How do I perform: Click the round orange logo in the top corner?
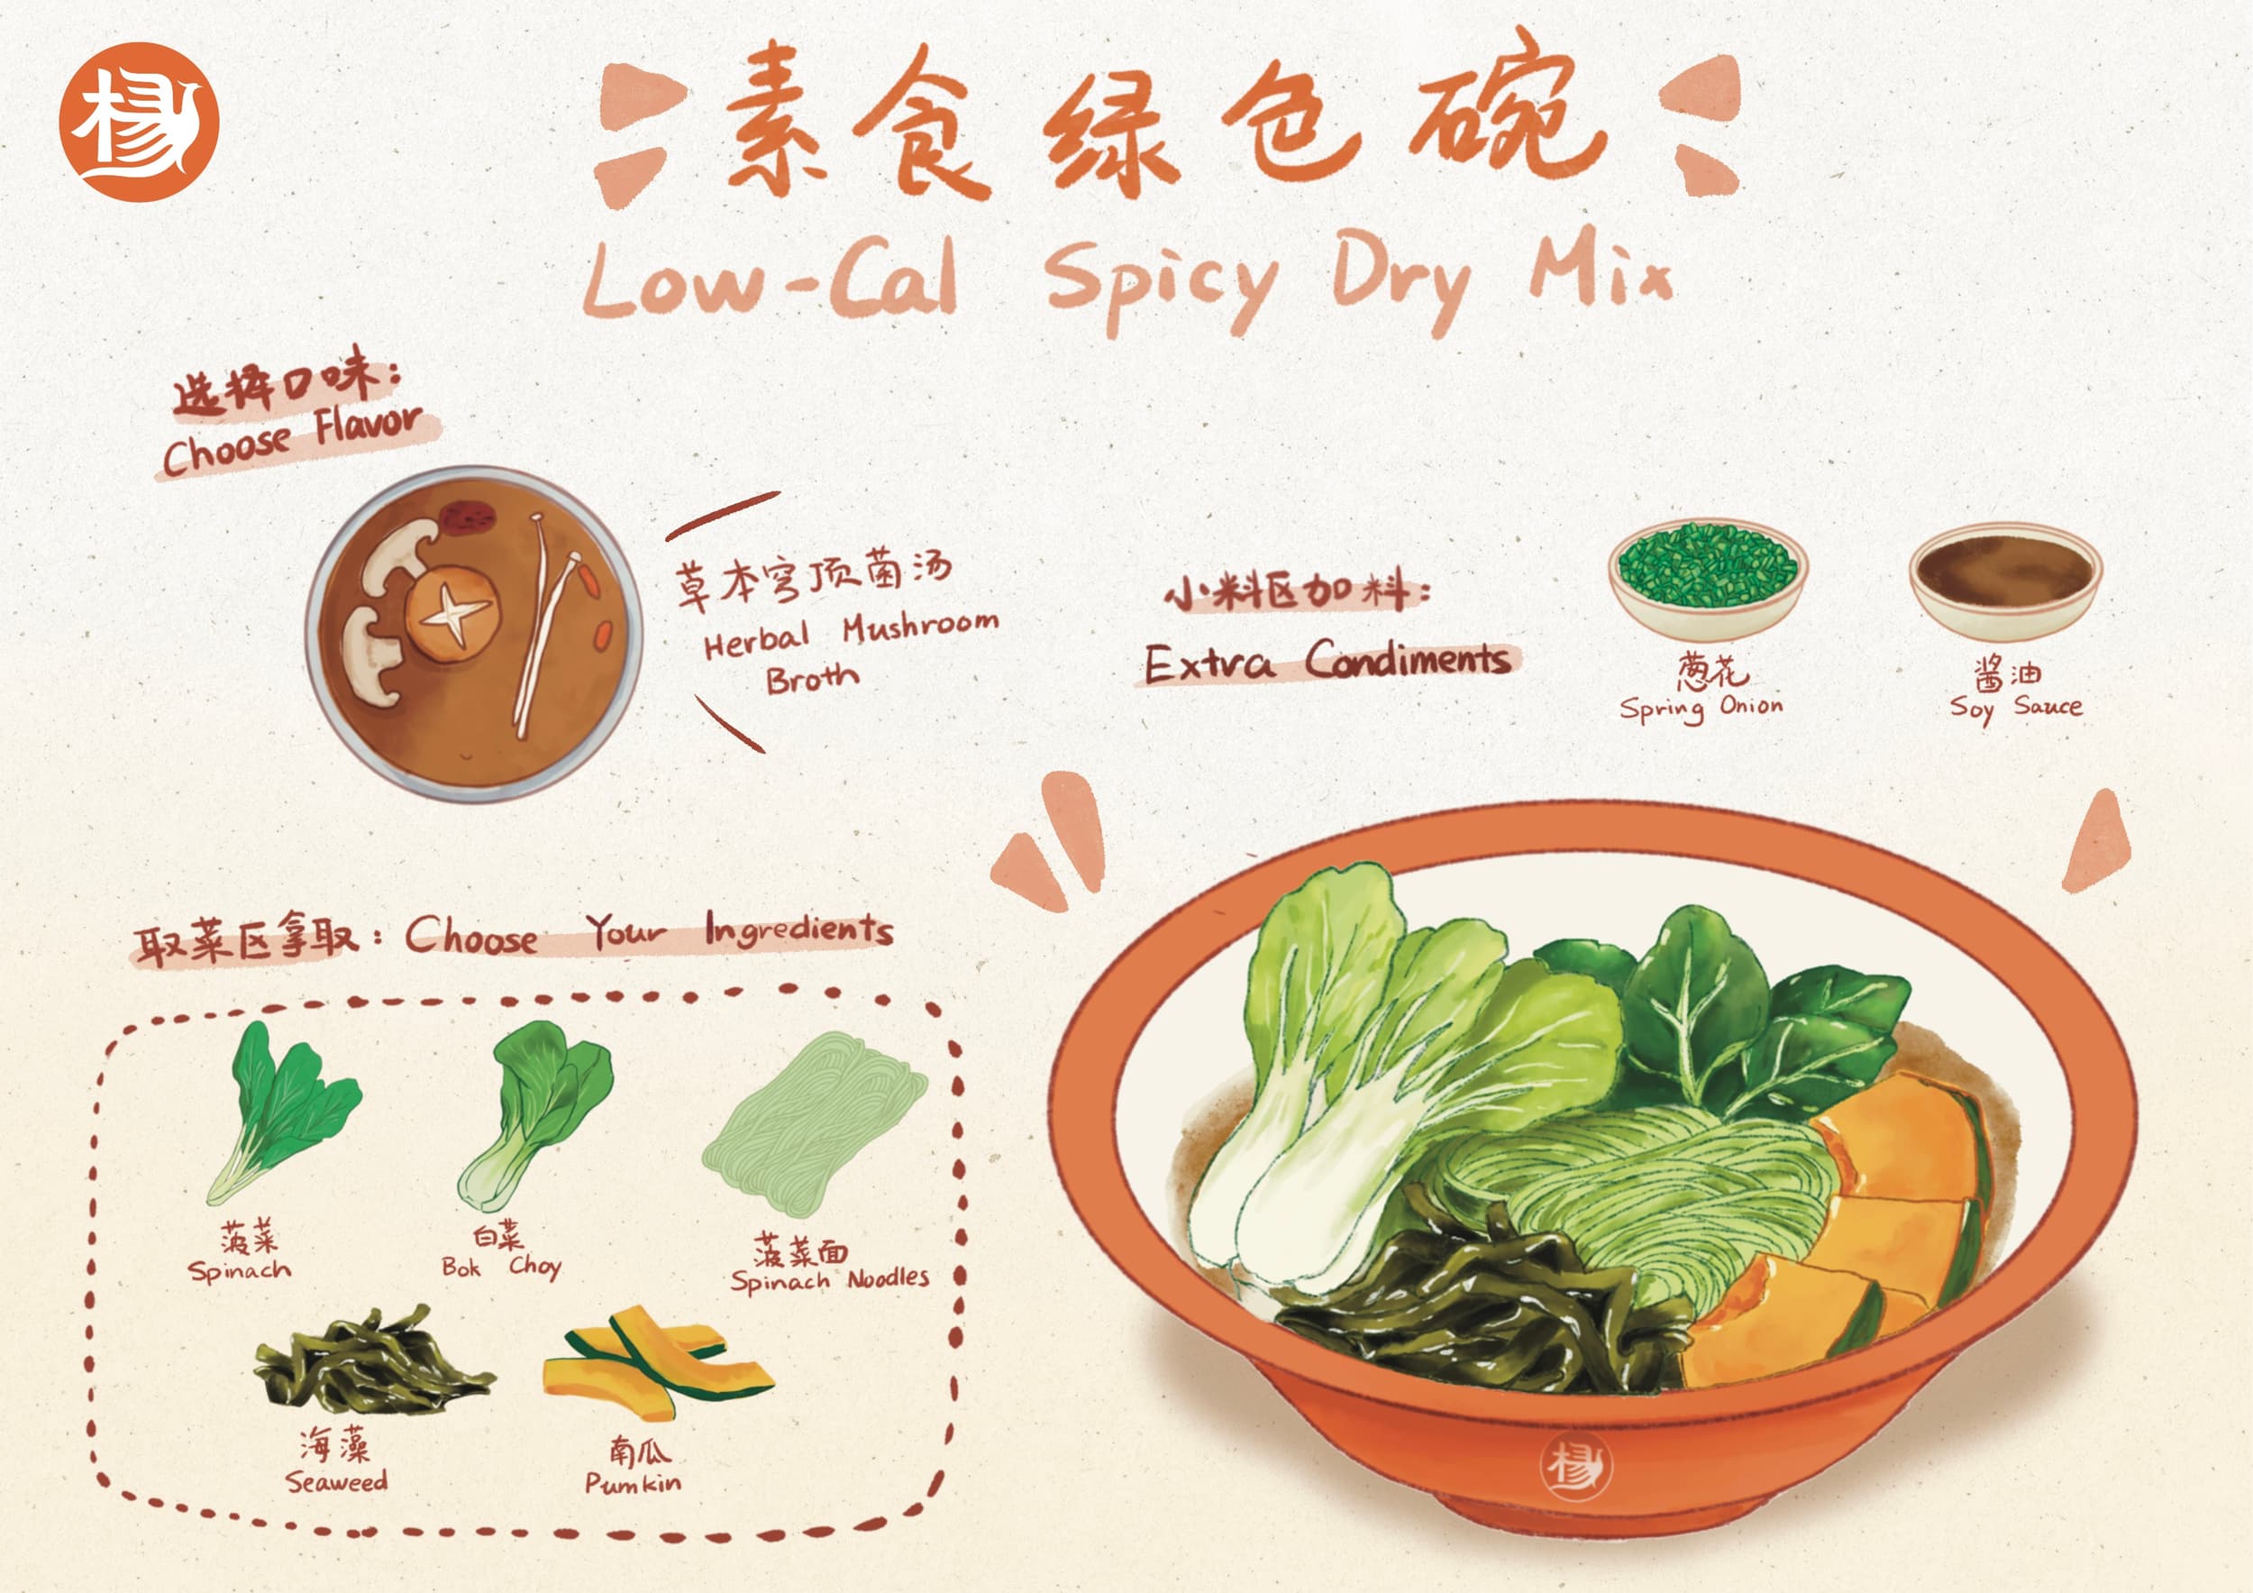tap(139, 122)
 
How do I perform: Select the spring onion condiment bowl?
tap(1708, 577)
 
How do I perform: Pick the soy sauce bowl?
tap(2005, 579)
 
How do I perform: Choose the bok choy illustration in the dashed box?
tap(534, 1114)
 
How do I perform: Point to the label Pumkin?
tap(633, 1483)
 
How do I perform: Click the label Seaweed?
tap(336, 1481)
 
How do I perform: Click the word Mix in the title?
tap(1600, 267)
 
